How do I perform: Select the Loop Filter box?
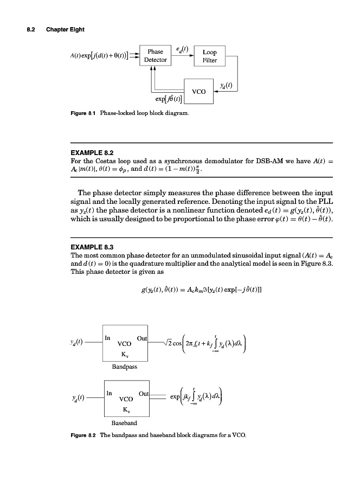point(209,56)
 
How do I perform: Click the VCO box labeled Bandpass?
point(125,344)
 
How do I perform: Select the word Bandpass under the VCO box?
point(124,367)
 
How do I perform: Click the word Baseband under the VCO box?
point(124,422)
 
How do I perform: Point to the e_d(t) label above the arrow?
point(182,48)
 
